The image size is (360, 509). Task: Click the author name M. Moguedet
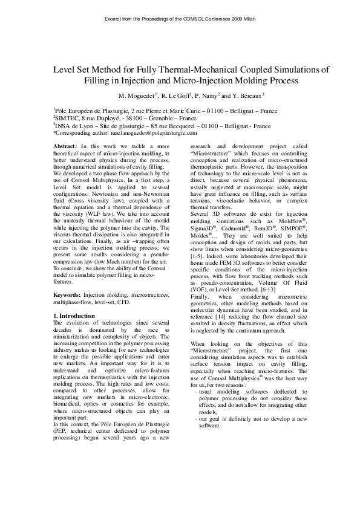click(x=140, y=96)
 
